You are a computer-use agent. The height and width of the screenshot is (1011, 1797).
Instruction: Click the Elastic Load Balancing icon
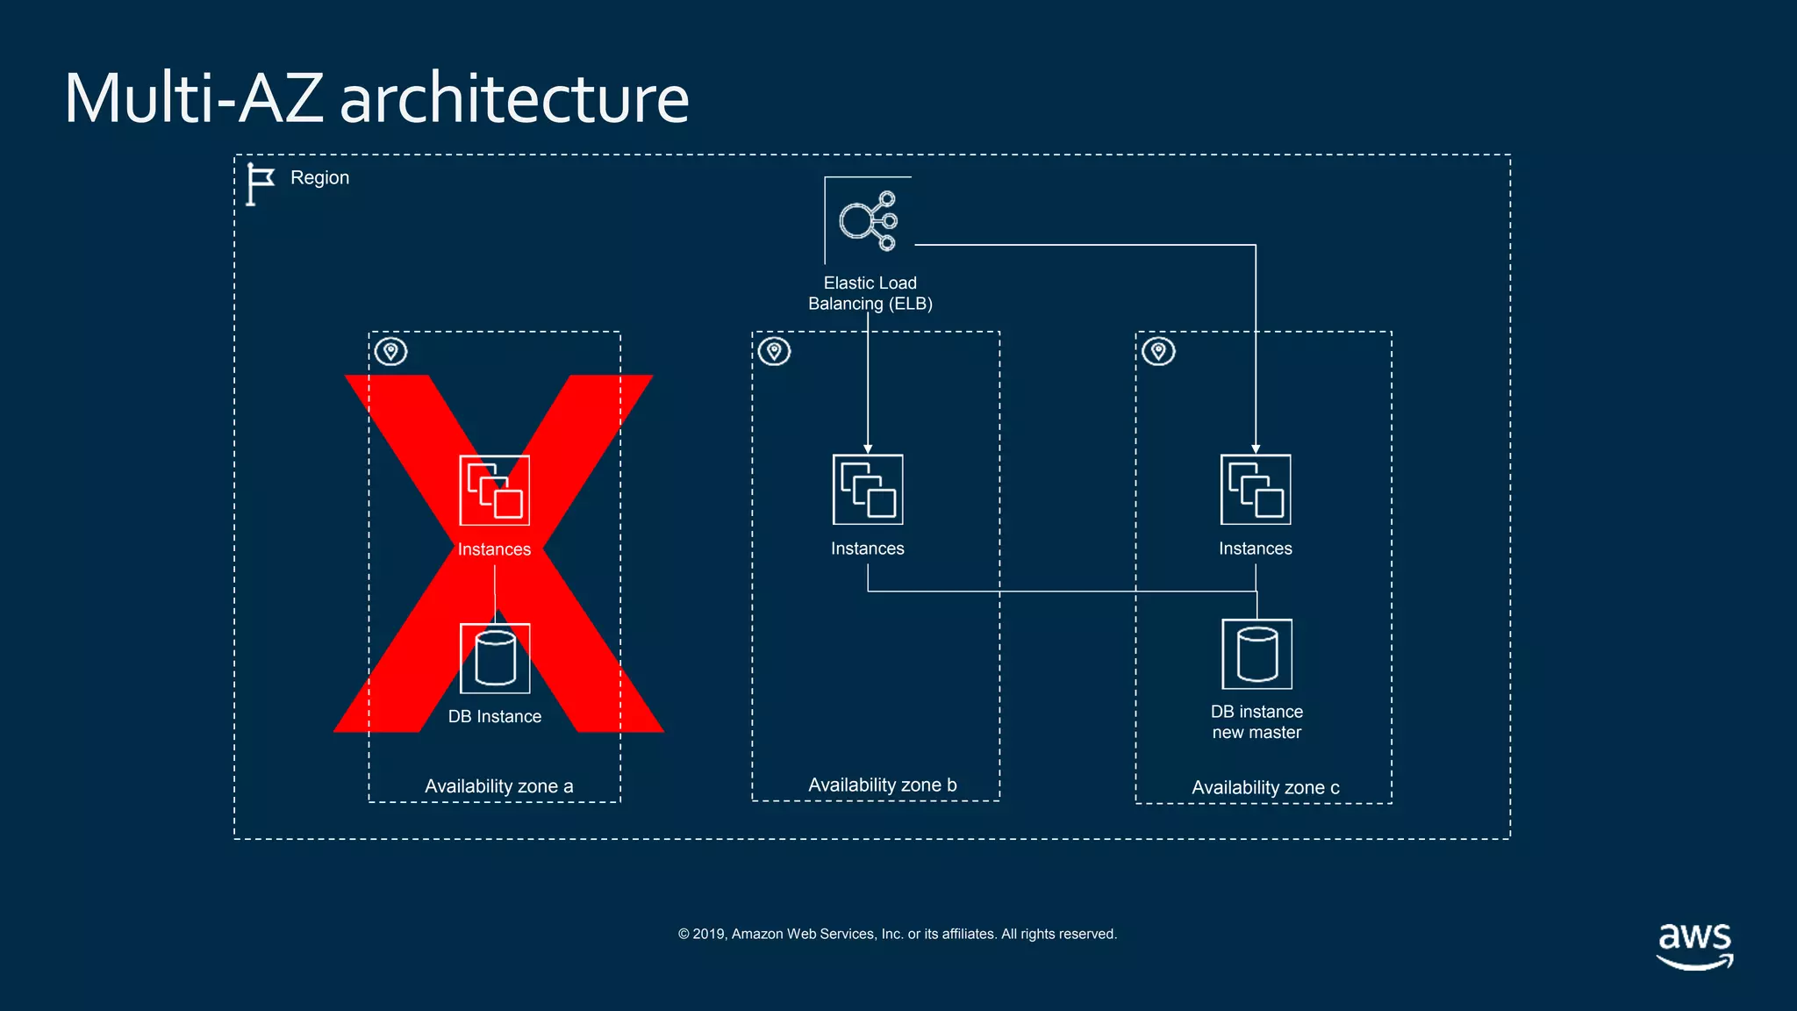point(868,220)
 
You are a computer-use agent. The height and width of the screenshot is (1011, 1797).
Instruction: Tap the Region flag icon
point(259,184)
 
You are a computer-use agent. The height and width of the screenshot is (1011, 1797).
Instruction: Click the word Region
point(319,178)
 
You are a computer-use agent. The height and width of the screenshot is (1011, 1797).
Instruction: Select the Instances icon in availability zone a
point(494,490)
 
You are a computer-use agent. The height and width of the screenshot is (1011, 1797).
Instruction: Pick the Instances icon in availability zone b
point(867,490)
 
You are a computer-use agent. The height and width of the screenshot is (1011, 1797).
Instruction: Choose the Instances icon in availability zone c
point(1255,490)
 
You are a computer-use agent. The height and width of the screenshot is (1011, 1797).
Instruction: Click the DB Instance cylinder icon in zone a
point(494,658)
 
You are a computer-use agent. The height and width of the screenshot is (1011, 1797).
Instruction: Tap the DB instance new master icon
point(1256,655)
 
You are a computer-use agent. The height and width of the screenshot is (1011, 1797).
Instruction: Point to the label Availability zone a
point(498,786)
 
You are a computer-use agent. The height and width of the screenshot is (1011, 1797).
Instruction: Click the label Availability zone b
point(882,785)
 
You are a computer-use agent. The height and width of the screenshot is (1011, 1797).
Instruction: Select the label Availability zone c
point(1264,788)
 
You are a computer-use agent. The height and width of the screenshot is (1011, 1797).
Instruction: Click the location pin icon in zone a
point(390,352)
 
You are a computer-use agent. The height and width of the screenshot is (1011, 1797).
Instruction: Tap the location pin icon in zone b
point(774,352)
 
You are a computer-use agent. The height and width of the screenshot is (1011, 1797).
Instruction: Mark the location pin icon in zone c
point(1158,352)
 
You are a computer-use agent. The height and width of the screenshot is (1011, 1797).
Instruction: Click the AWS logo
point(1694,945)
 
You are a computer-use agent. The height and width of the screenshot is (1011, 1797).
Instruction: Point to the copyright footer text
point(897,934)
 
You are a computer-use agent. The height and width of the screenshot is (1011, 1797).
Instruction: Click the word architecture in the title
point(513,98)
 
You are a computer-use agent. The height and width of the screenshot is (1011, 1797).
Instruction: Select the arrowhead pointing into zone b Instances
point(867,448)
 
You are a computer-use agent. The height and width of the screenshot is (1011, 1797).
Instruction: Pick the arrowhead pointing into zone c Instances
point(1255,448)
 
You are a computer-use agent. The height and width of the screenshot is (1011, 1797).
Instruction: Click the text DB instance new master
point(1256,722)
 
